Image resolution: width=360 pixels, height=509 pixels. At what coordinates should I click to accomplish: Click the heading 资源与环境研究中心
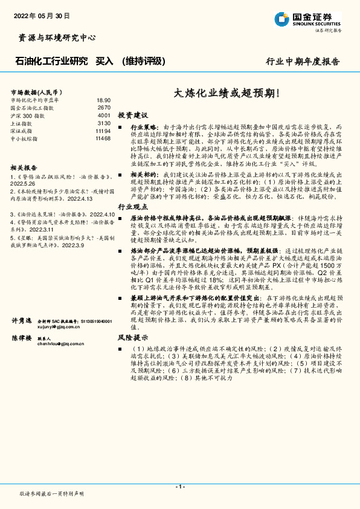54,37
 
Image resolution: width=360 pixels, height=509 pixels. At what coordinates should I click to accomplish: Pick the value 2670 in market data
104,108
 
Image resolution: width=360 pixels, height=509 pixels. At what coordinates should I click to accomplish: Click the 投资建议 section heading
132,115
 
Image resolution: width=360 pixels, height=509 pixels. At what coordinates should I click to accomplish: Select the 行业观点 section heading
132,207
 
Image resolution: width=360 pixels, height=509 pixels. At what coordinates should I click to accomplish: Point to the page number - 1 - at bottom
179,487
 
